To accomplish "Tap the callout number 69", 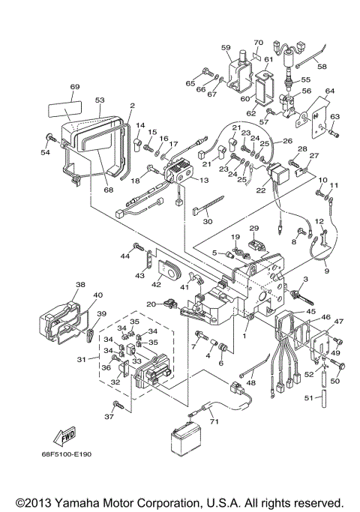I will click(74, 88).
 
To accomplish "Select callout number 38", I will click(80, 285).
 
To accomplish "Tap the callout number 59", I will click(226, 47).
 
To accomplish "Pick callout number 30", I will click(208, 221).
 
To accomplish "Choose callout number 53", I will click(100, 99).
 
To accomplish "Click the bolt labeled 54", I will click(49, 138).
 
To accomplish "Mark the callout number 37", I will click(107, 416).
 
